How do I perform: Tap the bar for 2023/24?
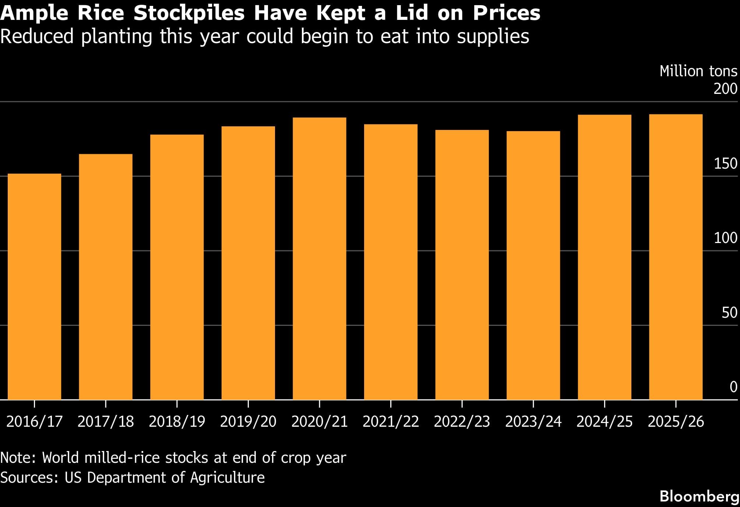tap(533, 265)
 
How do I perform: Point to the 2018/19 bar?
tap(177, 267)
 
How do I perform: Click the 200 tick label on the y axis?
tap(725, 89)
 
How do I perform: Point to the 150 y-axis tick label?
tap(725, 164)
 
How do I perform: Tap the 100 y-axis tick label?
tap(725, 238)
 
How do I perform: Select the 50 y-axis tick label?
tap(729, 313)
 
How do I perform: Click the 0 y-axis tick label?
tap(733, 387)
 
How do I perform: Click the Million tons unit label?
tap(698, 71)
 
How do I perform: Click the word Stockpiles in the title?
tap(189, 13)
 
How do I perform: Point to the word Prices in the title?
tap(506, 13)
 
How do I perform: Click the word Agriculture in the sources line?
tap(227, 478)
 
